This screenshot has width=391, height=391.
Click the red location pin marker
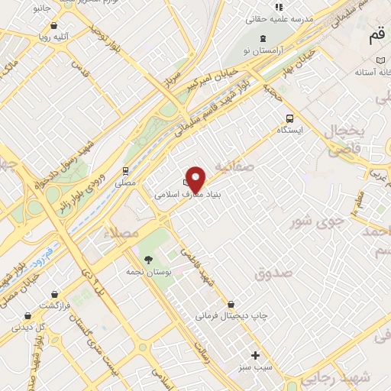[x=196, y=179]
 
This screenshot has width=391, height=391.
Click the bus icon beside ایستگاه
[x=289, y=118]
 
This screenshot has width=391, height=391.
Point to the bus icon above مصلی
[x=125, y=171]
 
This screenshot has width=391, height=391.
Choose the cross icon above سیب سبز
[x=256, y=355]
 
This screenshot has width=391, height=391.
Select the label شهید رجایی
[x=367, y=378]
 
